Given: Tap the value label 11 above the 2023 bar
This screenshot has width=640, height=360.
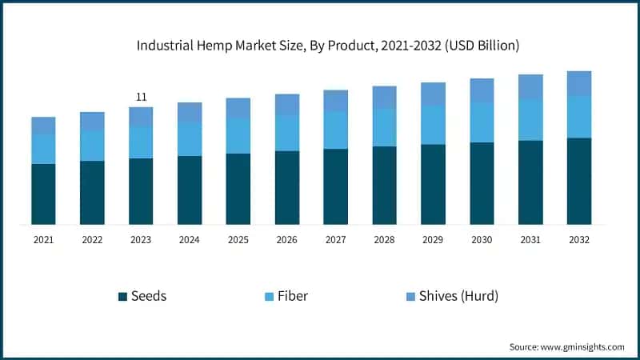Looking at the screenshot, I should (141, 97).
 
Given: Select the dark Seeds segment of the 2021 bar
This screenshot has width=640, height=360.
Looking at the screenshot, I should (43, 194).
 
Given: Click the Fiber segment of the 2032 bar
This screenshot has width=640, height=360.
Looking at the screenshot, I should (579, 117).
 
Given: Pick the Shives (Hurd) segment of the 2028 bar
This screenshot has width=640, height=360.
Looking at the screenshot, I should (384, 97).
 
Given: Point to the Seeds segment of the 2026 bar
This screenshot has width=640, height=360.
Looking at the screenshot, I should (287, 187).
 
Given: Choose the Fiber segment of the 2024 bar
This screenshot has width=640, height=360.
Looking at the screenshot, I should (190, 139).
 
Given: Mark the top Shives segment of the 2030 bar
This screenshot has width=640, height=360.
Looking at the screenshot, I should (482, 90).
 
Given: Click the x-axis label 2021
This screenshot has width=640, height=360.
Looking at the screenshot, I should (43, 239).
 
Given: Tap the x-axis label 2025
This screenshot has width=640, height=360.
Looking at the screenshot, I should (238, 239).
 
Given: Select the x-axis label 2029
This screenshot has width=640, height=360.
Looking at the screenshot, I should (433, 239).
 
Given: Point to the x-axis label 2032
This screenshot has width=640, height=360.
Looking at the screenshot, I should (579, 239).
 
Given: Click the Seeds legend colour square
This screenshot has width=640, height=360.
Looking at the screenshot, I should (122, 297).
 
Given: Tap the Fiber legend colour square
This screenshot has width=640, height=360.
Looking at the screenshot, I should (269, 297).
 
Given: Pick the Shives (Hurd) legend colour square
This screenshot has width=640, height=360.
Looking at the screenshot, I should (411, 297).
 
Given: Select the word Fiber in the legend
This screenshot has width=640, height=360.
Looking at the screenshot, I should (293, 296).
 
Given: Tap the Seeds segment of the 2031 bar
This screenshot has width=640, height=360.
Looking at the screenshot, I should (530, 182).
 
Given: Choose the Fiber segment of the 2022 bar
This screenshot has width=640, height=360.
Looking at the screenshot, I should (92, 146).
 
